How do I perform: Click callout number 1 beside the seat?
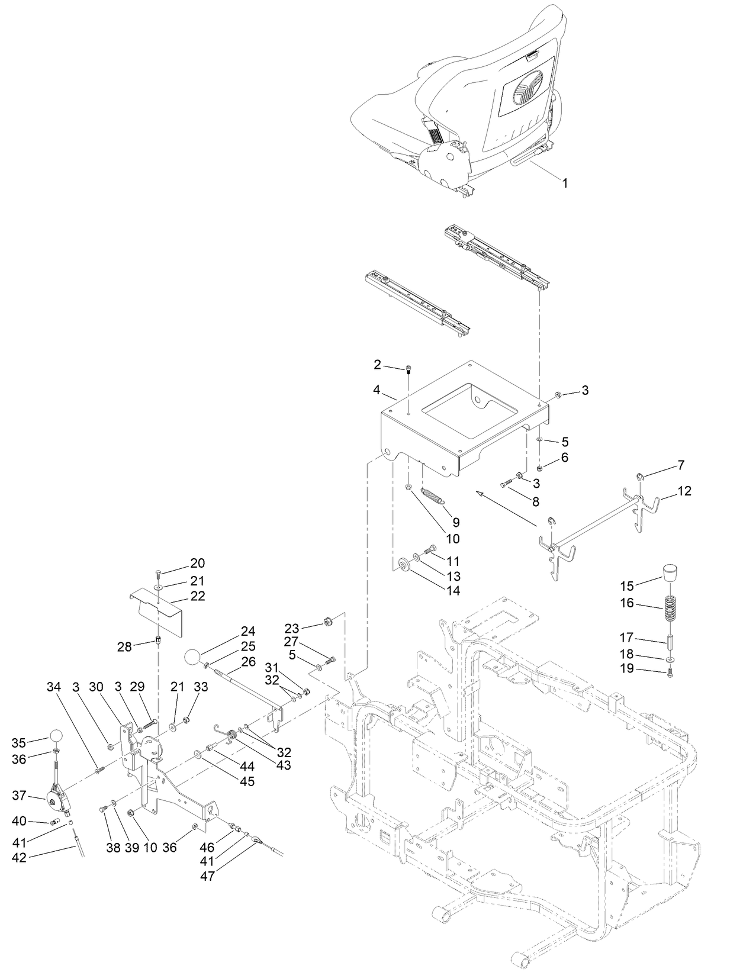[x=565, y=184]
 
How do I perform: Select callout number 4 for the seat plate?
[x=377, y=390]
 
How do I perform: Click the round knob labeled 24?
[x=193, y=657]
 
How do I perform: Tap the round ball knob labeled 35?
[x=55, y=736]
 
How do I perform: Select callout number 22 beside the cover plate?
[x=197, y=596]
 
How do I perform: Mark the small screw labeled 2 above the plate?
[x=409, y=371]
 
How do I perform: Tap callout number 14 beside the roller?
[x=452, y=591]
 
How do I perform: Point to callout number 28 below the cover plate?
[x=124, y=646]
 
